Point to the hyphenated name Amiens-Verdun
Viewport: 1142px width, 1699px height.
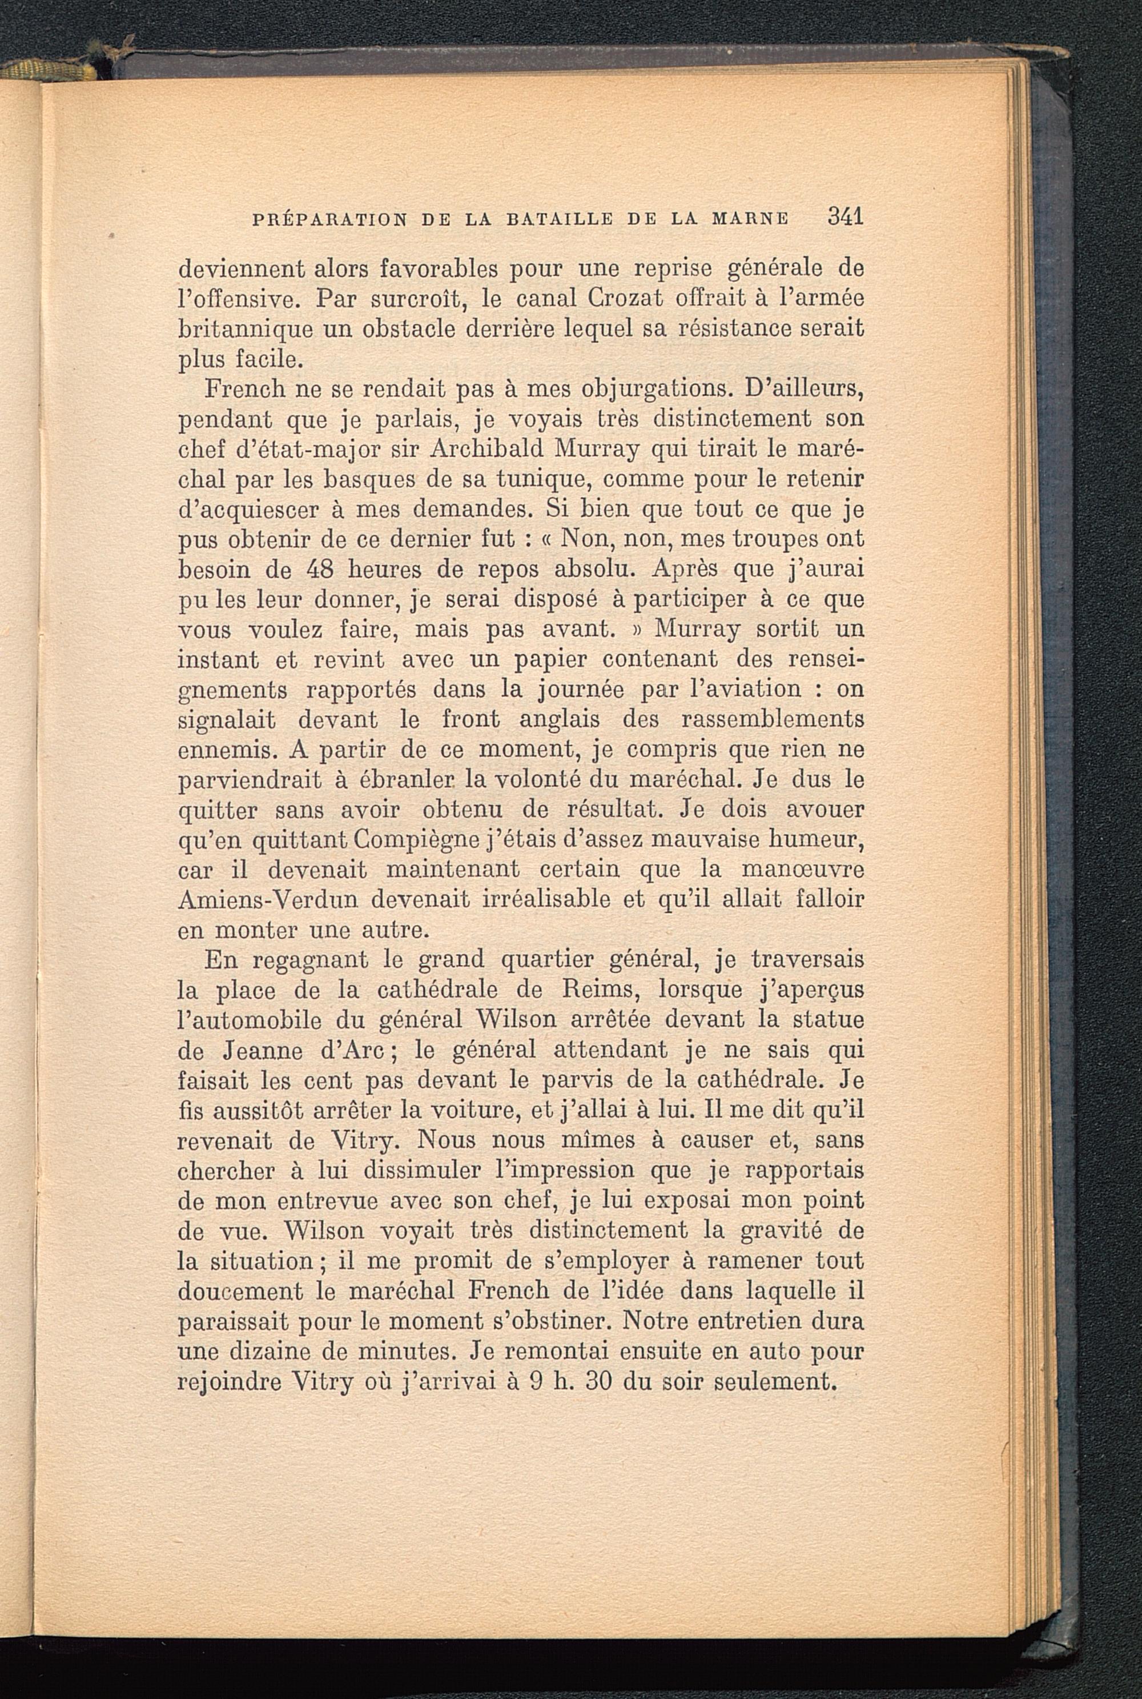click(x=267, y=899)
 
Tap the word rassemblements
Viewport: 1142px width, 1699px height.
click(x=773, y=719)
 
